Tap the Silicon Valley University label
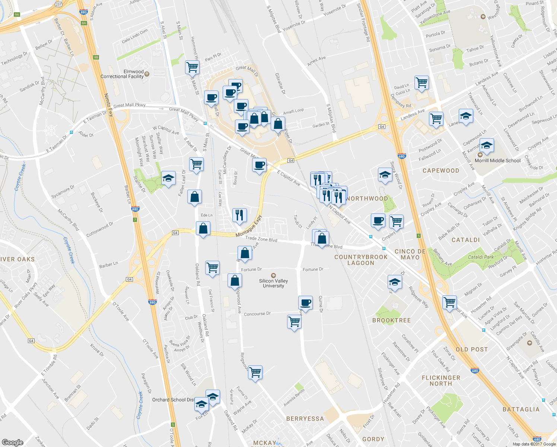(273, 283)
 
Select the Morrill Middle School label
(497, 161)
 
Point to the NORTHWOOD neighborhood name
(367, 199)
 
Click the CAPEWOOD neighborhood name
(441, 171)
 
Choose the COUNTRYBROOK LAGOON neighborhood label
(361, 260)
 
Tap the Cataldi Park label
(481, 257)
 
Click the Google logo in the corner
(13, 442)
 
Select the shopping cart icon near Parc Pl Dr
(192, 67)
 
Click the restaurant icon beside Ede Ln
(239, 215)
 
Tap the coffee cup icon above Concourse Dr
(305, 302)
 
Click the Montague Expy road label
(249, 226)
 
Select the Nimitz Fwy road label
(109, 105)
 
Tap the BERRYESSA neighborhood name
(305, 419)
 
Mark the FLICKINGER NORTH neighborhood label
(441, 381)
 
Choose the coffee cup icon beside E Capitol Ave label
(259, 164)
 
